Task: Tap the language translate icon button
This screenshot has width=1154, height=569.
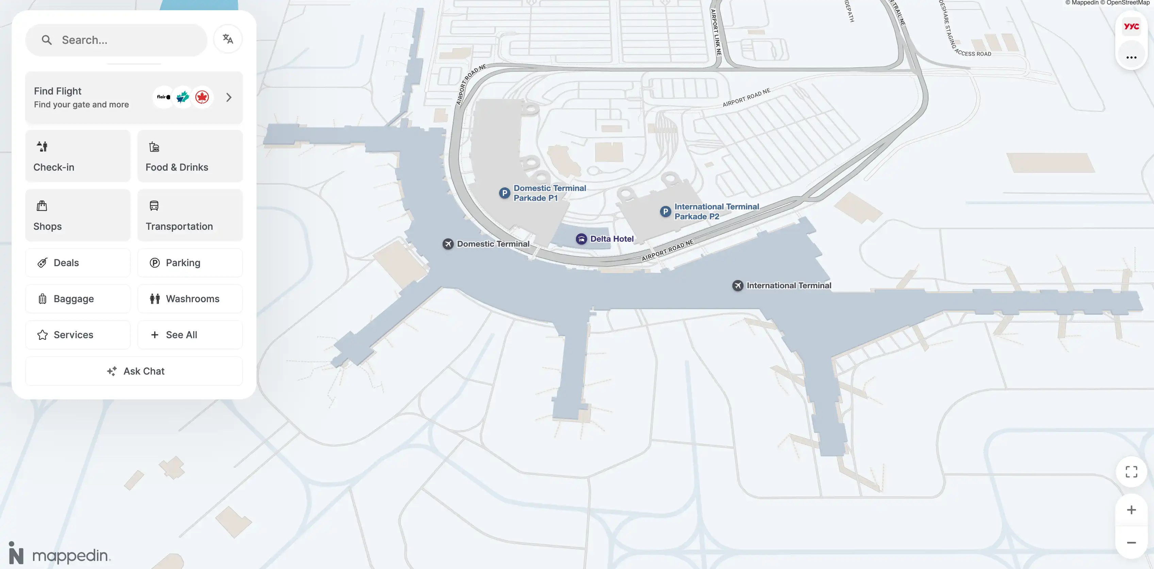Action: (x=228, y=39)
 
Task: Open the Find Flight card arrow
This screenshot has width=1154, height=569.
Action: (x=229, y=97)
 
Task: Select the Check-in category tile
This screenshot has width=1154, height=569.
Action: (x=78, y=156)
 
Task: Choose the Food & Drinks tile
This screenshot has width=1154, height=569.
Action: (x=190, y=156)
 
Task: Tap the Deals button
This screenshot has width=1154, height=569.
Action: (x=78, y=263)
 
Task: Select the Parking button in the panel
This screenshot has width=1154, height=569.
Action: (x=190, y=263)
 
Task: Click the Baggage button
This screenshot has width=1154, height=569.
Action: (x=78, y=298)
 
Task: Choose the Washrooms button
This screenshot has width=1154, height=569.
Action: (x=190, y=298)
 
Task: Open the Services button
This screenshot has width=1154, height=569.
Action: (x=78, y=335)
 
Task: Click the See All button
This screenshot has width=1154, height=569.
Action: (x=190, y=335)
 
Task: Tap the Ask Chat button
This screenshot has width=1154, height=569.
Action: (x=134, y=371)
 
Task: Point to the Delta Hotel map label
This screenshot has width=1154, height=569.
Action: (x=611, y=239)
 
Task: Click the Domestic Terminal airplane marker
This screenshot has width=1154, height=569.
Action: (x=448, y=244)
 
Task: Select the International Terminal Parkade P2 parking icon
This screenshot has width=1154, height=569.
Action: (x=665, y=211)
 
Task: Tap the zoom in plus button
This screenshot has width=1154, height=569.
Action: (x=1131, y=510)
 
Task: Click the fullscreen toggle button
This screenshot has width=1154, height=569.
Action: (x=1131, y=472)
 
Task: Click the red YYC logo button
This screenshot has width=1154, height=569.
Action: (x=1131, y=27)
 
